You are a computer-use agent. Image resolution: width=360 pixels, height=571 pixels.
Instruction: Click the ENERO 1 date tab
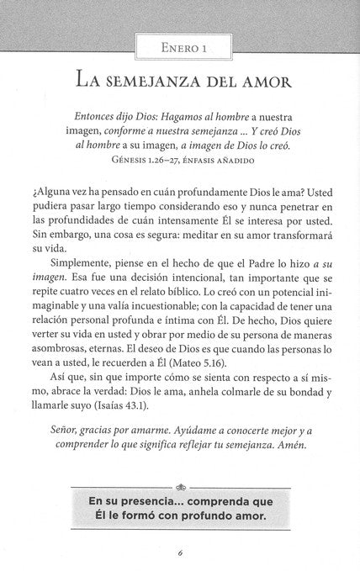(179, 48)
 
